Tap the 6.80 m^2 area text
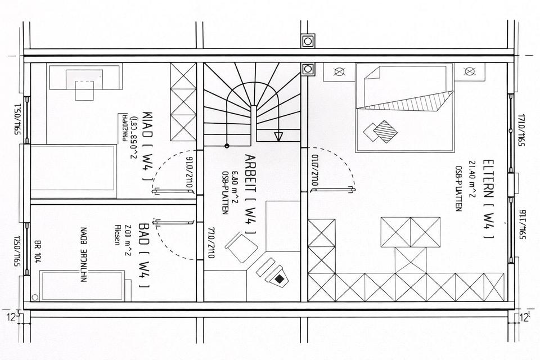coord(234,183)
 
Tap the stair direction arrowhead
coord(278,136)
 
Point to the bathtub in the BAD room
coord(82,285)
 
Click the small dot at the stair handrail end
coord(227,146)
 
